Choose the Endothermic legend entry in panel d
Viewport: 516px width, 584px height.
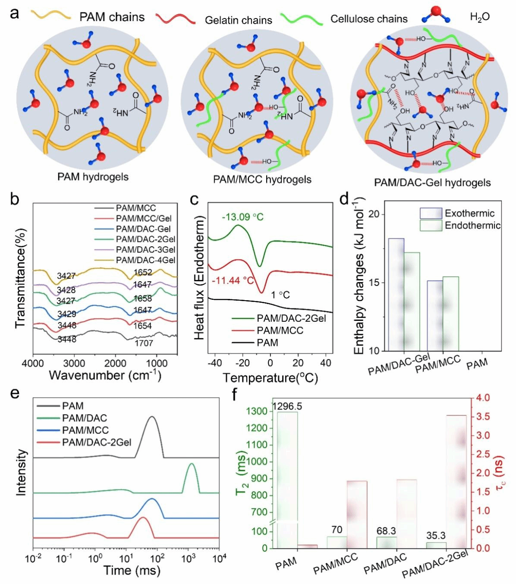click(472, 225)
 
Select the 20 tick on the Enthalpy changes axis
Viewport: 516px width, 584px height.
click(374, 215)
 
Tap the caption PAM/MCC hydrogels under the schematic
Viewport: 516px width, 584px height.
click(262, 179)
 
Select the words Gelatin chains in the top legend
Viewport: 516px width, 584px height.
click(238, 20)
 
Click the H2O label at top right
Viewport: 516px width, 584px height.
click(480, 17)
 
